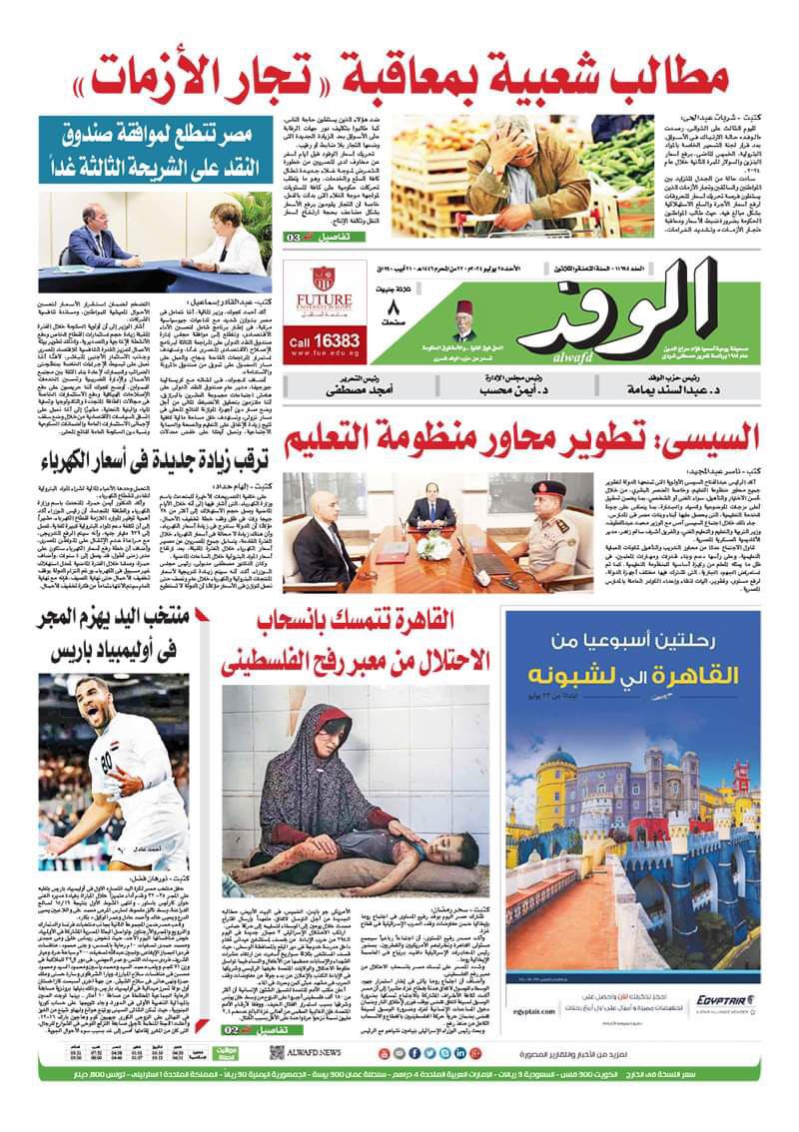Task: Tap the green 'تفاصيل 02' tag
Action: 245,1027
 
